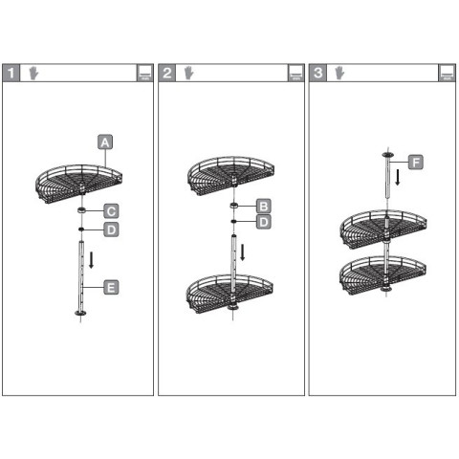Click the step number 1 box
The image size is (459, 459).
pos(11,73)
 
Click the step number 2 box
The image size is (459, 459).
pos(167,73)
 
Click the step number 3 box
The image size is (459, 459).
pos(317,73)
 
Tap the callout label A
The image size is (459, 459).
pos(105,142)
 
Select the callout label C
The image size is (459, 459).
pos(111,211)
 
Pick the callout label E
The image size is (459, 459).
pos(111,288)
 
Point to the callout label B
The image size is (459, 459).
pos(264,207)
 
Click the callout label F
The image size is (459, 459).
pos(416,163)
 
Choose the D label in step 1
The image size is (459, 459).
pos(111,229)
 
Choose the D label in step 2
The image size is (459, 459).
pos(264,222)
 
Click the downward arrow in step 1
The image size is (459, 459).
pos(92,260)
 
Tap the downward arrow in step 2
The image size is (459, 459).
pos(243,252)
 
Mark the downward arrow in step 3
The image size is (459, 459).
pos(398,177)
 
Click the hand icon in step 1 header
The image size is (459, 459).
pos(33,73)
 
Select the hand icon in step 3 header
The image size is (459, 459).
pos(339,73)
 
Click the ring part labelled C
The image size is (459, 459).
pos(82,209)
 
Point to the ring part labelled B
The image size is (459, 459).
pos(234,206)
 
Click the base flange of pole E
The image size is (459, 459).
pos(80,313)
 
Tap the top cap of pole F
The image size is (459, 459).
pos(387,155)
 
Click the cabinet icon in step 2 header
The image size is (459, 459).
pos(296,73)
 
